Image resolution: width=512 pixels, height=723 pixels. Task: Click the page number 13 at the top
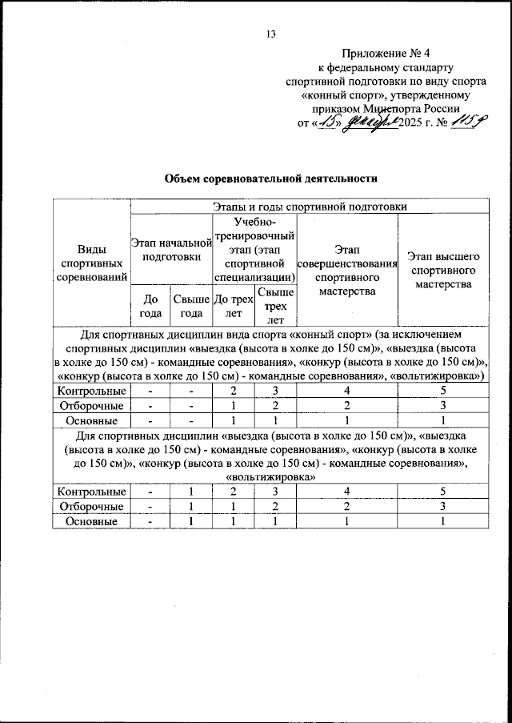coord(270,34)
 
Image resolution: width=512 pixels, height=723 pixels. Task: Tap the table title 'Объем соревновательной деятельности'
coord(270,178)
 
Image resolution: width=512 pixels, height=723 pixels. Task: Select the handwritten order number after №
coord(464,122)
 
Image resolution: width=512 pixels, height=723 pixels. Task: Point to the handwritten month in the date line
coord(372,123)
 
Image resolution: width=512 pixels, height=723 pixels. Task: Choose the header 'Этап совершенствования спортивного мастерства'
coord(346,271)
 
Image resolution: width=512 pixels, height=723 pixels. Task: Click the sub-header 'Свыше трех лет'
coord(274,306)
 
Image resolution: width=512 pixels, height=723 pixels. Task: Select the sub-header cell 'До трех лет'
coord(233,306)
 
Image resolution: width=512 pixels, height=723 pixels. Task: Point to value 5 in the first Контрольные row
coord(442,392)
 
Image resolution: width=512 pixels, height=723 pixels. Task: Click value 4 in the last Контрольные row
coord(346,492)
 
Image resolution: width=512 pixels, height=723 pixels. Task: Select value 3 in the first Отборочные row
coord(442,406)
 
